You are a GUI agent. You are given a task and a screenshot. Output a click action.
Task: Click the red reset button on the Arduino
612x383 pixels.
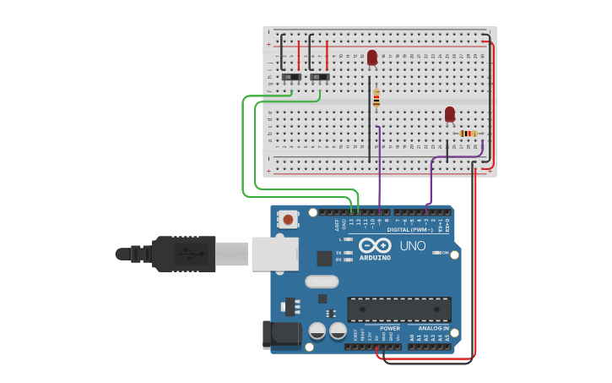tap(289, 220)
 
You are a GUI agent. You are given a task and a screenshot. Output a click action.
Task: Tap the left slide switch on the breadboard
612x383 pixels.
tap(291, 77)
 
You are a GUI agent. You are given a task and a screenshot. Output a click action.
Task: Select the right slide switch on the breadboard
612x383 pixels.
tap(320, 77)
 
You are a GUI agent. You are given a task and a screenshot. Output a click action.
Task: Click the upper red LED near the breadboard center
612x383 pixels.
tap(372, 57)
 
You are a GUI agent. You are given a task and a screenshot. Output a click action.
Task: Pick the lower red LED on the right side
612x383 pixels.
tap(450, 113)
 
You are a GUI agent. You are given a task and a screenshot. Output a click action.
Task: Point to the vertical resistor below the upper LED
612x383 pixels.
tap(376, 98)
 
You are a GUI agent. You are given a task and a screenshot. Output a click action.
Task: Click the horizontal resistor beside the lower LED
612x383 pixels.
tap(468, 134)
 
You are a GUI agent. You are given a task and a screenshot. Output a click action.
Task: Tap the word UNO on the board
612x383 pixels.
tap(413, 245)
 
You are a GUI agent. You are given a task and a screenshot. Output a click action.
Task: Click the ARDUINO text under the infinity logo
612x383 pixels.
tap(375, 257)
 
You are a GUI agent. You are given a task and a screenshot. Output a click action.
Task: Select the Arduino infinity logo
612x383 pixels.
tap(375, 245)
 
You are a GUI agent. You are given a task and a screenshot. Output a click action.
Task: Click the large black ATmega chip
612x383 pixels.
tap(398, 309)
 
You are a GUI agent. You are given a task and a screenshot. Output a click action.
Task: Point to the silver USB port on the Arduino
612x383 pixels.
tap(274, 254)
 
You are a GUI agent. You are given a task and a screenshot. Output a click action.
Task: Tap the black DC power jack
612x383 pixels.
tap(281, 335)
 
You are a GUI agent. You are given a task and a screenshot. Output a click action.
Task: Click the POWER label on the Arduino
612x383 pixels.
tap(390, 328)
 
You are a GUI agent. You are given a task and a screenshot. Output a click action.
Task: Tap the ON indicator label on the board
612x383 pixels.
tap(445, 253)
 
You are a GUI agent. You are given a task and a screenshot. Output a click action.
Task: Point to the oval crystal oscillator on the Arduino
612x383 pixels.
tap(322, 282)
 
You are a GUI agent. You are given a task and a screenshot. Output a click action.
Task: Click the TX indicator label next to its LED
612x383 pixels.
tap(338, 253)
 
